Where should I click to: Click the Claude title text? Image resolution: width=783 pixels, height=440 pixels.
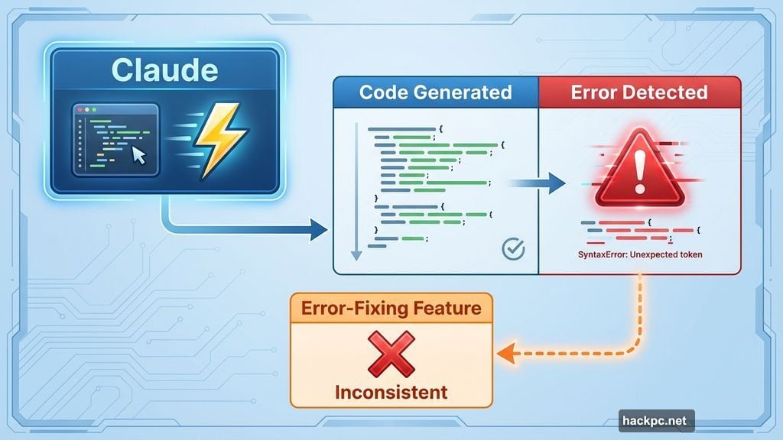164,70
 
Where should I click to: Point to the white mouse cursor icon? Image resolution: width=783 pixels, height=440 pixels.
138,155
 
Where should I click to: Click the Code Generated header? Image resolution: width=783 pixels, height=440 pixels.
435,93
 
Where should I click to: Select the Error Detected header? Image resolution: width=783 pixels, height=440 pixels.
639,93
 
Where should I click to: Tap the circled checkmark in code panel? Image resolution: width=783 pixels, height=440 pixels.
513,249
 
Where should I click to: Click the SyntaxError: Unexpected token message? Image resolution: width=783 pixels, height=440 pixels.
640,254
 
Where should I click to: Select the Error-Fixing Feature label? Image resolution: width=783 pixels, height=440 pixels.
391,309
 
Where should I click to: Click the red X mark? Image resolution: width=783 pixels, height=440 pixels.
391,354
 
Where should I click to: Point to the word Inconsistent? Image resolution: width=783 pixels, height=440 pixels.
391,393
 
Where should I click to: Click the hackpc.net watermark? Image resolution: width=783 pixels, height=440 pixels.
656,420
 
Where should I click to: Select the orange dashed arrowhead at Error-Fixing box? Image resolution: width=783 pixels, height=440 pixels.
504,353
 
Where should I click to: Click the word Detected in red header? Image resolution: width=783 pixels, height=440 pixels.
671,93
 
